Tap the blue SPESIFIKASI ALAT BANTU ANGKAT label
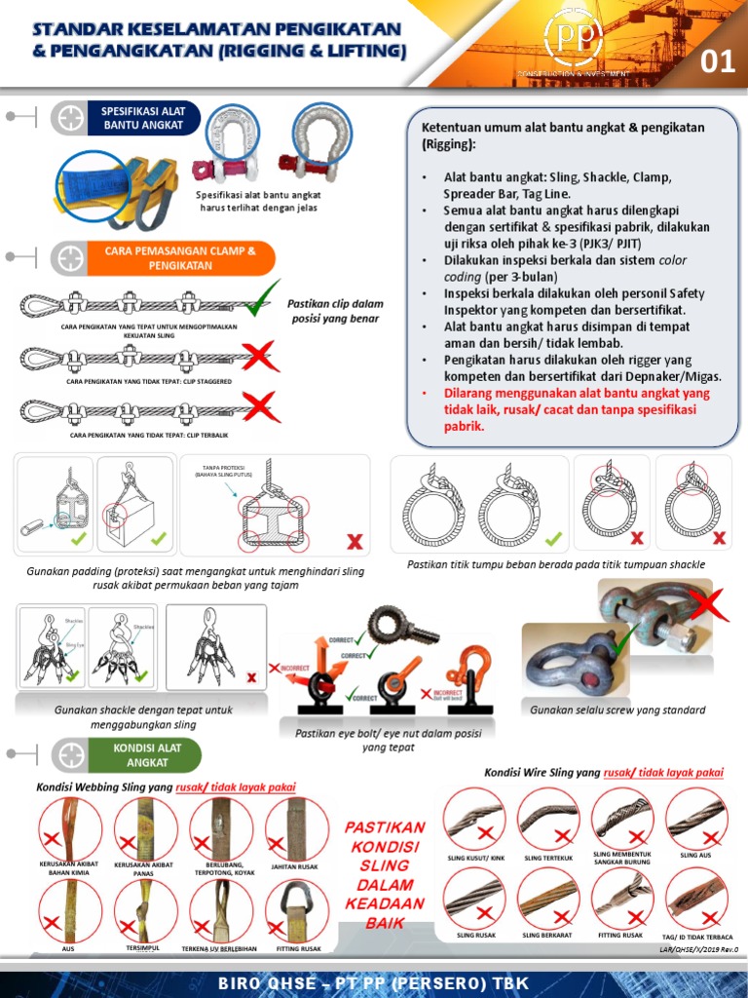pos(143,118)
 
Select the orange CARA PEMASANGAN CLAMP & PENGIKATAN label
pos(179,258)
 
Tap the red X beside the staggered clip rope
pos(259,357)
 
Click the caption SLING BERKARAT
pos(548,935)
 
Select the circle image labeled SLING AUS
pos(695,817)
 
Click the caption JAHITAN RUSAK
pos(295,865)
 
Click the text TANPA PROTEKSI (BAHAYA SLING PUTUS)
pos(223,471)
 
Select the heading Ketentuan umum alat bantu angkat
pos(562,135)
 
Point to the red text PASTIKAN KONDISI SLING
pos(385,872)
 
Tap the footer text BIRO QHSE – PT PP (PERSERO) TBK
pos(373,980)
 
